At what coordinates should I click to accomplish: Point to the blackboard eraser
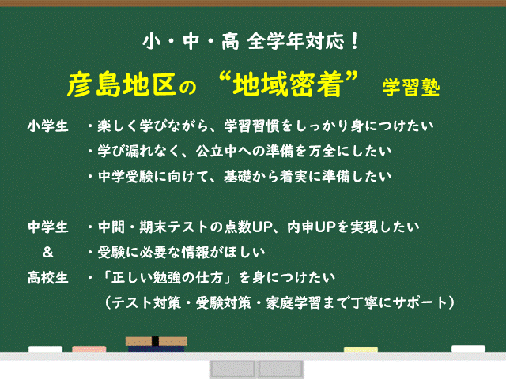tap(157, 345)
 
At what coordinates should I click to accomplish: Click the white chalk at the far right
tap(468, 350)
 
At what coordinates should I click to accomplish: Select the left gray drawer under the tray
tap(232, 370)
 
